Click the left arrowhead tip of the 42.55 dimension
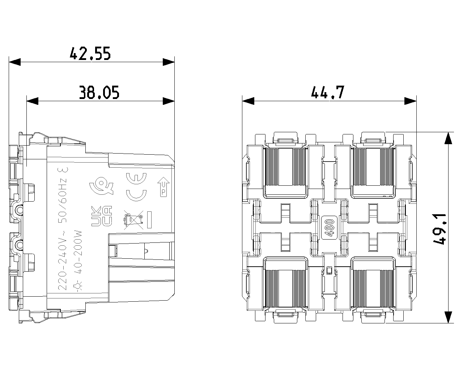9,62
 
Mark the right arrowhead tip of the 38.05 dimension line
174,101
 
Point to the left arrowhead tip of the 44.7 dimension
242,101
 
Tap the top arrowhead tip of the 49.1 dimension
448,132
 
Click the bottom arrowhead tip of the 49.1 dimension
448,323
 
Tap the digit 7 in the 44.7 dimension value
340,92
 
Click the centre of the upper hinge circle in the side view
20,209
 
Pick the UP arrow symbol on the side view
163,186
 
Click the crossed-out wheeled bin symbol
133,219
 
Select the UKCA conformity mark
102,216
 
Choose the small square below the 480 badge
330,271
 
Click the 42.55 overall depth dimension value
90,53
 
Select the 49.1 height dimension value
439,229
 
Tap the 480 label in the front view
330,228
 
